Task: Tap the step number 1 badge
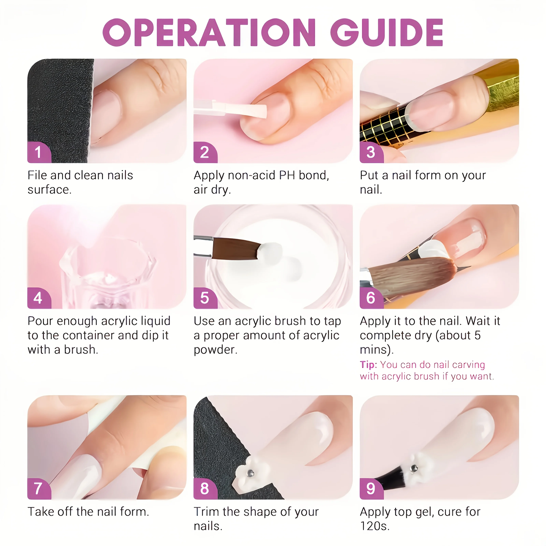point(38,152)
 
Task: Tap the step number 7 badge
point(38,489)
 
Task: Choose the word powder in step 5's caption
point(215,350)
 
